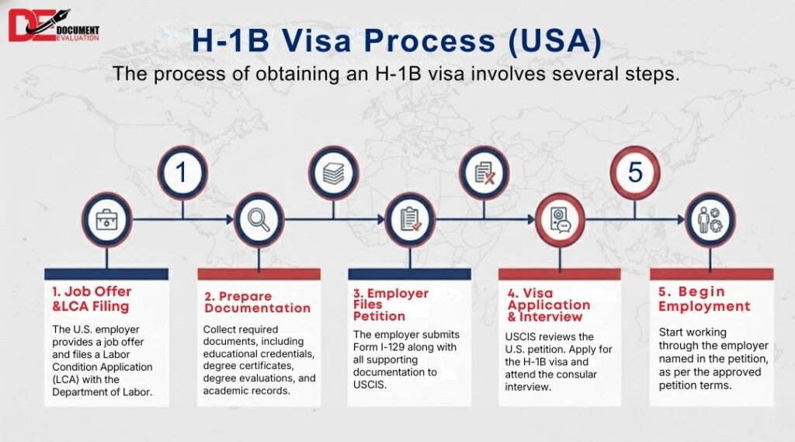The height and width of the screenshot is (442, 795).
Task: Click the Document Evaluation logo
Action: pyautogui.click(x=54, y=26)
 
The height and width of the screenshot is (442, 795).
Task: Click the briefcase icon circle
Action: pyautogui.click(x=106, y=220)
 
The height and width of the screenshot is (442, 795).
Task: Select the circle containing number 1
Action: pyautogui.click(x=182, y=172)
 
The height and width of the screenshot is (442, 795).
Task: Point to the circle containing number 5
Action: pyautogui.click(x=635, y=172)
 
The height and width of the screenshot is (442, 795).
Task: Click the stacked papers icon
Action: pyautogui.click(x=334, y=172)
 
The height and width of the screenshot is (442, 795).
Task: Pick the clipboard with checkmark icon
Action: pyautogui.click(x=410, y=220)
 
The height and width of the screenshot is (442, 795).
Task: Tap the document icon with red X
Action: pyautogui.click(x=484, y=172)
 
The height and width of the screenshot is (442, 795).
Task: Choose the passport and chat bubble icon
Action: pyautogui.click(x=560, y=220)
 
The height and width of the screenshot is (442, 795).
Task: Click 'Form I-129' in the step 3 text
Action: pyautogui.click(x=384, y=346)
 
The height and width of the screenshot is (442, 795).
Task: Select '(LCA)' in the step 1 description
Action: pyautogui.click(x=65, y=379)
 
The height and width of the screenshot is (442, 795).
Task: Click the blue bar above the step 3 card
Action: pyautogui.click(x=409, y=273)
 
